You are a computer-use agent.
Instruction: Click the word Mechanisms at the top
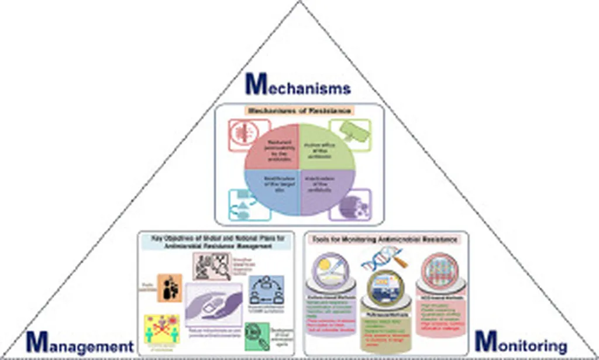pyautogui.click(x=298, y=85)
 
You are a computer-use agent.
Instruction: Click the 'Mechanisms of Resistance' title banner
pyautogui.click(x=299, y=110)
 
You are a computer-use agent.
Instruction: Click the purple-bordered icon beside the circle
pyautogui.click(x=350, y=205)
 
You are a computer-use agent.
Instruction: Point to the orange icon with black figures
pyautogui.click(x=169, y=287)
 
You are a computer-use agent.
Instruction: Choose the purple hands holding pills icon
pyautogui.click(x=214, y=304)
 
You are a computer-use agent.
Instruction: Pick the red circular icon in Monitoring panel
pyautogui.click(x=435, y=270)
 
